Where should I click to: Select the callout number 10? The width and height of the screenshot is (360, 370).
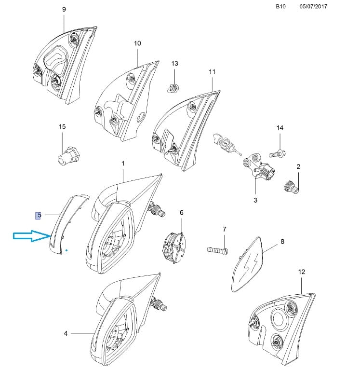[137, 43]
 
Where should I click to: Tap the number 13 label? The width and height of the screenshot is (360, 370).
[174, 64]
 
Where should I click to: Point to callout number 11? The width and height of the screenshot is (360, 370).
[212, 71]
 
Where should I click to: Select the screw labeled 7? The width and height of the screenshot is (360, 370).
[217, 250]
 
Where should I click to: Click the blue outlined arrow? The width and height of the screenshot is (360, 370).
[32, 236]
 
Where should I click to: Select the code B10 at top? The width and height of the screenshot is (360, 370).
[280, 7]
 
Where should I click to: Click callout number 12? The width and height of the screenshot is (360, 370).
[302, 272]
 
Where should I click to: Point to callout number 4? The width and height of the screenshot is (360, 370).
[66, 333]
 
